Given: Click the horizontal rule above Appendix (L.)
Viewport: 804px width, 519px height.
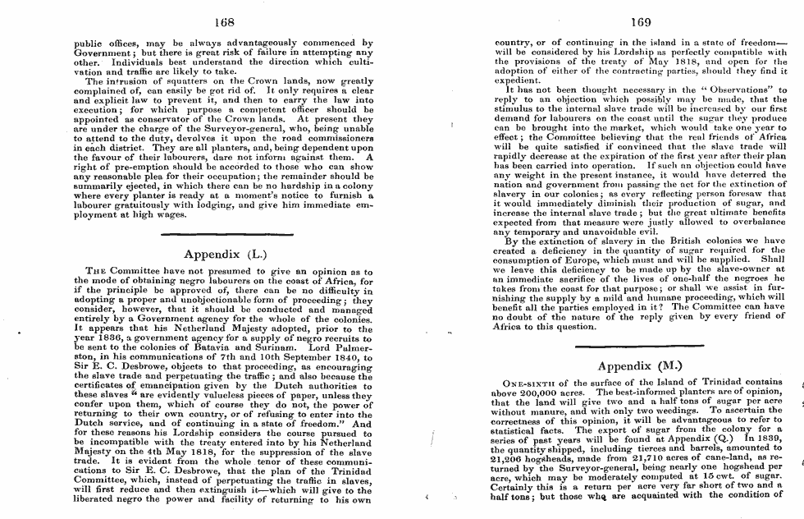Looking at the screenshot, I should coord(223,235).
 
